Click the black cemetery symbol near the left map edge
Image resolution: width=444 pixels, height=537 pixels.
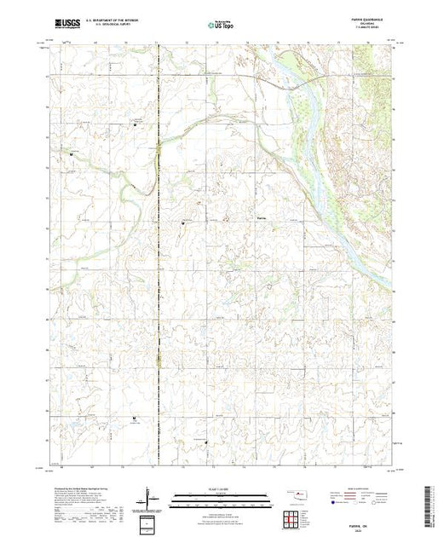point(72,154)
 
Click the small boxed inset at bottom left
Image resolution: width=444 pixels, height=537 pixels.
point(150,523)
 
